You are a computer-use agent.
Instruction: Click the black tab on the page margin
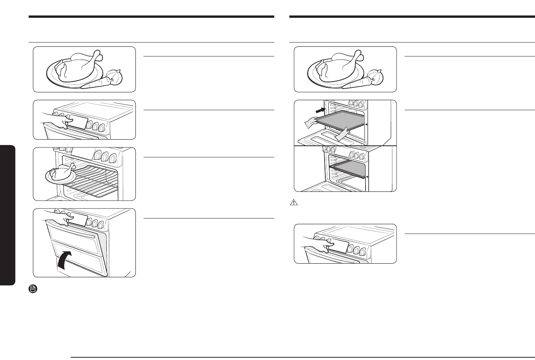(7, 215)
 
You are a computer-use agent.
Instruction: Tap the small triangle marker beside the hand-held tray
(366, 125)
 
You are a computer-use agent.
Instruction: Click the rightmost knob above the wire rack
(113, 158)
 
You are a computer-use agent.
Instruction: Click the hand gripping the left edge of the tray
(311, 123)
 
